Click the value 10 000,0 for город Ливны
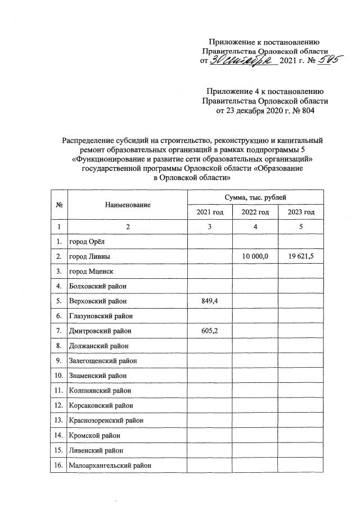click(255, 256)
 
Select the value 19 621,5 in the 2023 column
click(300, 256)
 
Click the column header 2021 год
click(209, 212)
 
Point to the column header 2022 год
click(255, 212)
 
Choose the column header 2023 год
click(300, 212)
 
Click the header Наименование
click(128, 205)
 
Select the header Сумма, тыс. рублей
click(255, 197)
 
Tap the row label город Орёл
click(87, 242)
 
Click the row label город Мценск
click(91, 271)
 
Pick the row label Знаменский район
click(97, 374)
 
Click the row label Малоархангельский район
click(110, 466)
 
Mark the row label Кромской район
click(94, 436)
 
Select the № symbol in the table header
click(58, 205)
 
